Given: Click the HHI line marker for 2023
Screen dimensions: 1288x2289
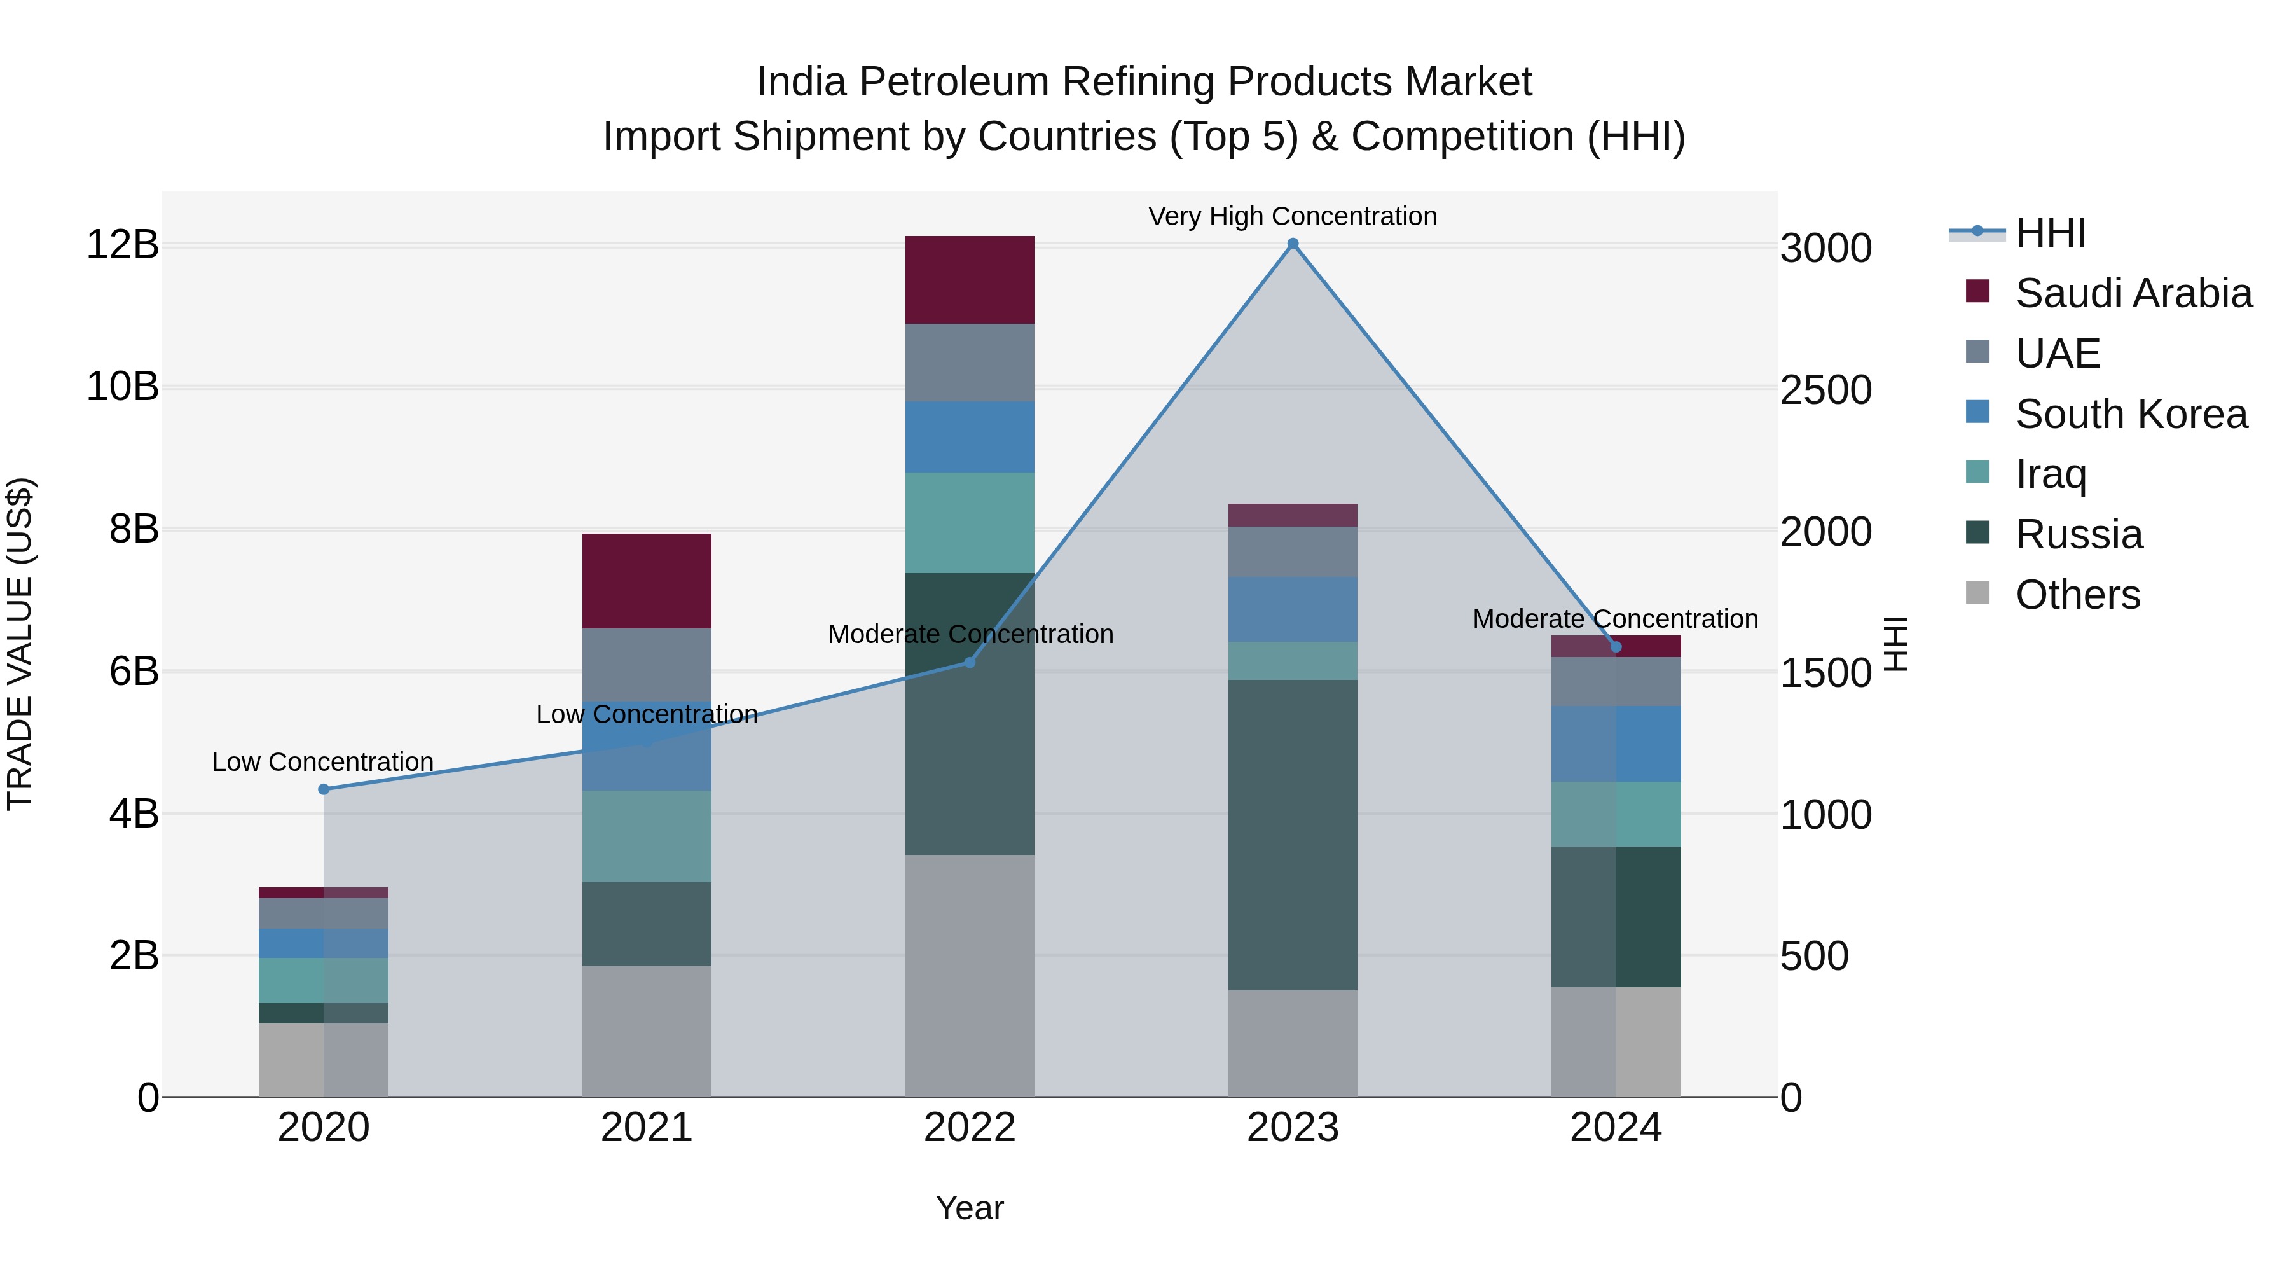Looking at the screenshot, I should (x=1293, y=244).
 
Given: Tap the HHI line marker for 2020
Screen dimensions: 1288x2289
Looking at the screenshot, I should (x=324, y=789).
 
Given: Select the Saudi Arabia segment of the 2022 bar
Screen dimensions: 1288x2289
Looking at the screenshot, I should (x=970, y=279).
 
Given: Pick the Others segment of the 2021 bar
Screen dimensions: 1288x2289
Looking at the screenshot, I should (x=646, y=1031).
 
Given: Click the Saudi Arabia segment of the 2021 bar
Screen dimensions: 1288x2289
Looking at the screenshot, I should (x=646, y=581).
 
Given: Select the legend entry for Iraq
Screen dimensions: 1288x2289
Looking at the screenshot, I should (x=2050, y=474).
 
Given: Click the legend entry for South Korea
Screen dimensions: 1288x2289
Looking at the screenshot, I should (x=2130, y=414).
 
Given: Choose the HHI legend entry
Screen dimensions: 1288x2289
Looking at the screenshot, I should (x=2050, y=233).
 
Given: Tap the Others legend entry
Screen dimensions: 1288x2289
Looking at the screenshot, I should (x=2077, y=595).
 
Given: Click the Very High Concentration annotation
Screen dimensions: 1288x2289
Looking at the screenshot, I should (x=1292, y=216).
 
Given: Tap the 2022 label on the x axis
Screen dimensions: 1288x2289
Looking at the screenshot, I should (x=970, y=1127).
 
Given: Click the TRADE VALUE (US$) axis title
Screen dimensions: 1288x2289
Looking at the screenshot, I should (x=20, y=644).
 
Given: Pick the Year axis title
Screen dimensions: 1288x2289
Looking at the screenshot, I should (x=970, y=1208).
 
